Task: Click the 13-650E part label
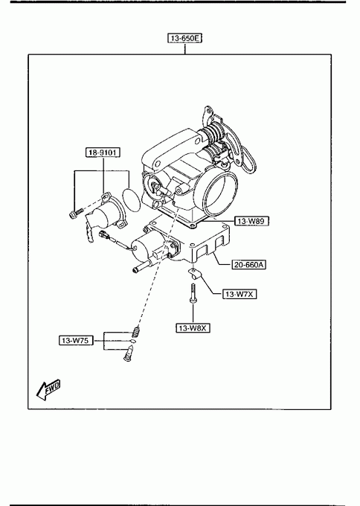[185, 38]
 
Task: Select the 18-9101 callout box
[103, 153]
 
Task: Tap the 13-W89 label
[251, 221]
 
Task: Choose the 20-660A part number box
[249, 265]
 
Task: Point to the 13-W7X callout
[240, 294]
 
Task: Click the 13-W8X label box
[193, 328]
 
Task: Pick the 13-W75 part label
[76, 341]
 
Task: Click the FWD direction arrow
[48, 389]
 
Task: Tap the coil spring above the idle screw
[136, 331]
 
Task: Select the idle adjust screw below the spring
[129, 353]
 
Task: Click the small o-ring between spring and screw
[133, 341]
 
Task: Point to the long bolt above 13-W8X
[193, 293]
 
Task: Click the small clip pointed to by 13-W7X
[194, 274]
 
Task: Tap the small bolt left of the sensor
[75, 213]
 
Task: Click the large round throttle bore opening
[220, 193]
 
